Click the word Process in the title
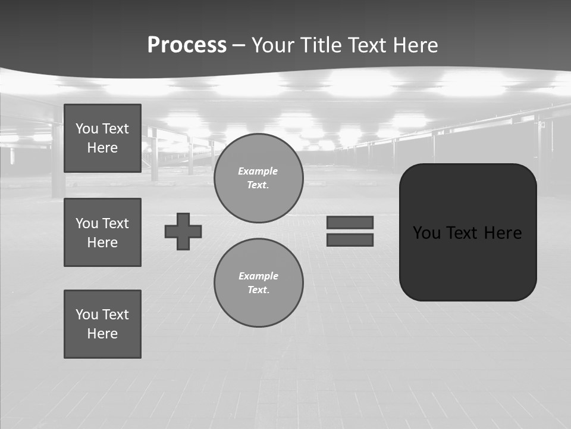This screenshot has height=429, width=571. click(x=187, y=45)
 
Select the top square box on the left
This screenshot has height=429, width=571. click(x=102, y=138)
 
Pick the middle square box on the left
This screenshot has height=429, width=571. click(x=102, y=232)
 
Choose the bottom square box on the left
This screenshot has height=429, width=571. click(x=102, y=324)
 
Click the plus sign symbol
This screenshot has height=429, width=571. click(x=183, y=231)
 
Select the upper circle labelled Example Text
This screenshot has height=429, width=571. click(x=258, y=178)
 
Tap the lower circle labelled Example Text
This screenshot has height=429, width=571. click(x=258, y=283)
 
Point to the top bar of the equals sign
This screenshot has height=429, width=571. click(x=350, y=222)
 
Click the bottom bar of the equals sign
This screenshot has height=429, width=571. click(x=350, y=240)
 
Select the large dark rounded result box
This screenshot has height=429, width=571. click(x=468, y=262)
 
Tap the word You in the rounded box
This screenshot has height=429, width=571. click(x=427, y=233)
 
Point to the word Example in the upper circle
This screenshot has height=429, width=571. click(x=258, y=171)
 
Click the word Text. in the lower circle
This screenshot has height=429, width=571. click(x=258, y=290)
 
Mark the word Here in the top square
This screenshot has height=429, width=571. click(x=102, y=148)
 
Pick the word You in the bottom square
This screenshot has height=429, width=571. click(x=87, y=315)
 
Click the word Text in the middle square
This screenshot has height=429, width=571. click(x=116, y=223)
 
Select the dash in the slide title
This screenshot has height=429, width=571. click(x=239, y=45)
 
